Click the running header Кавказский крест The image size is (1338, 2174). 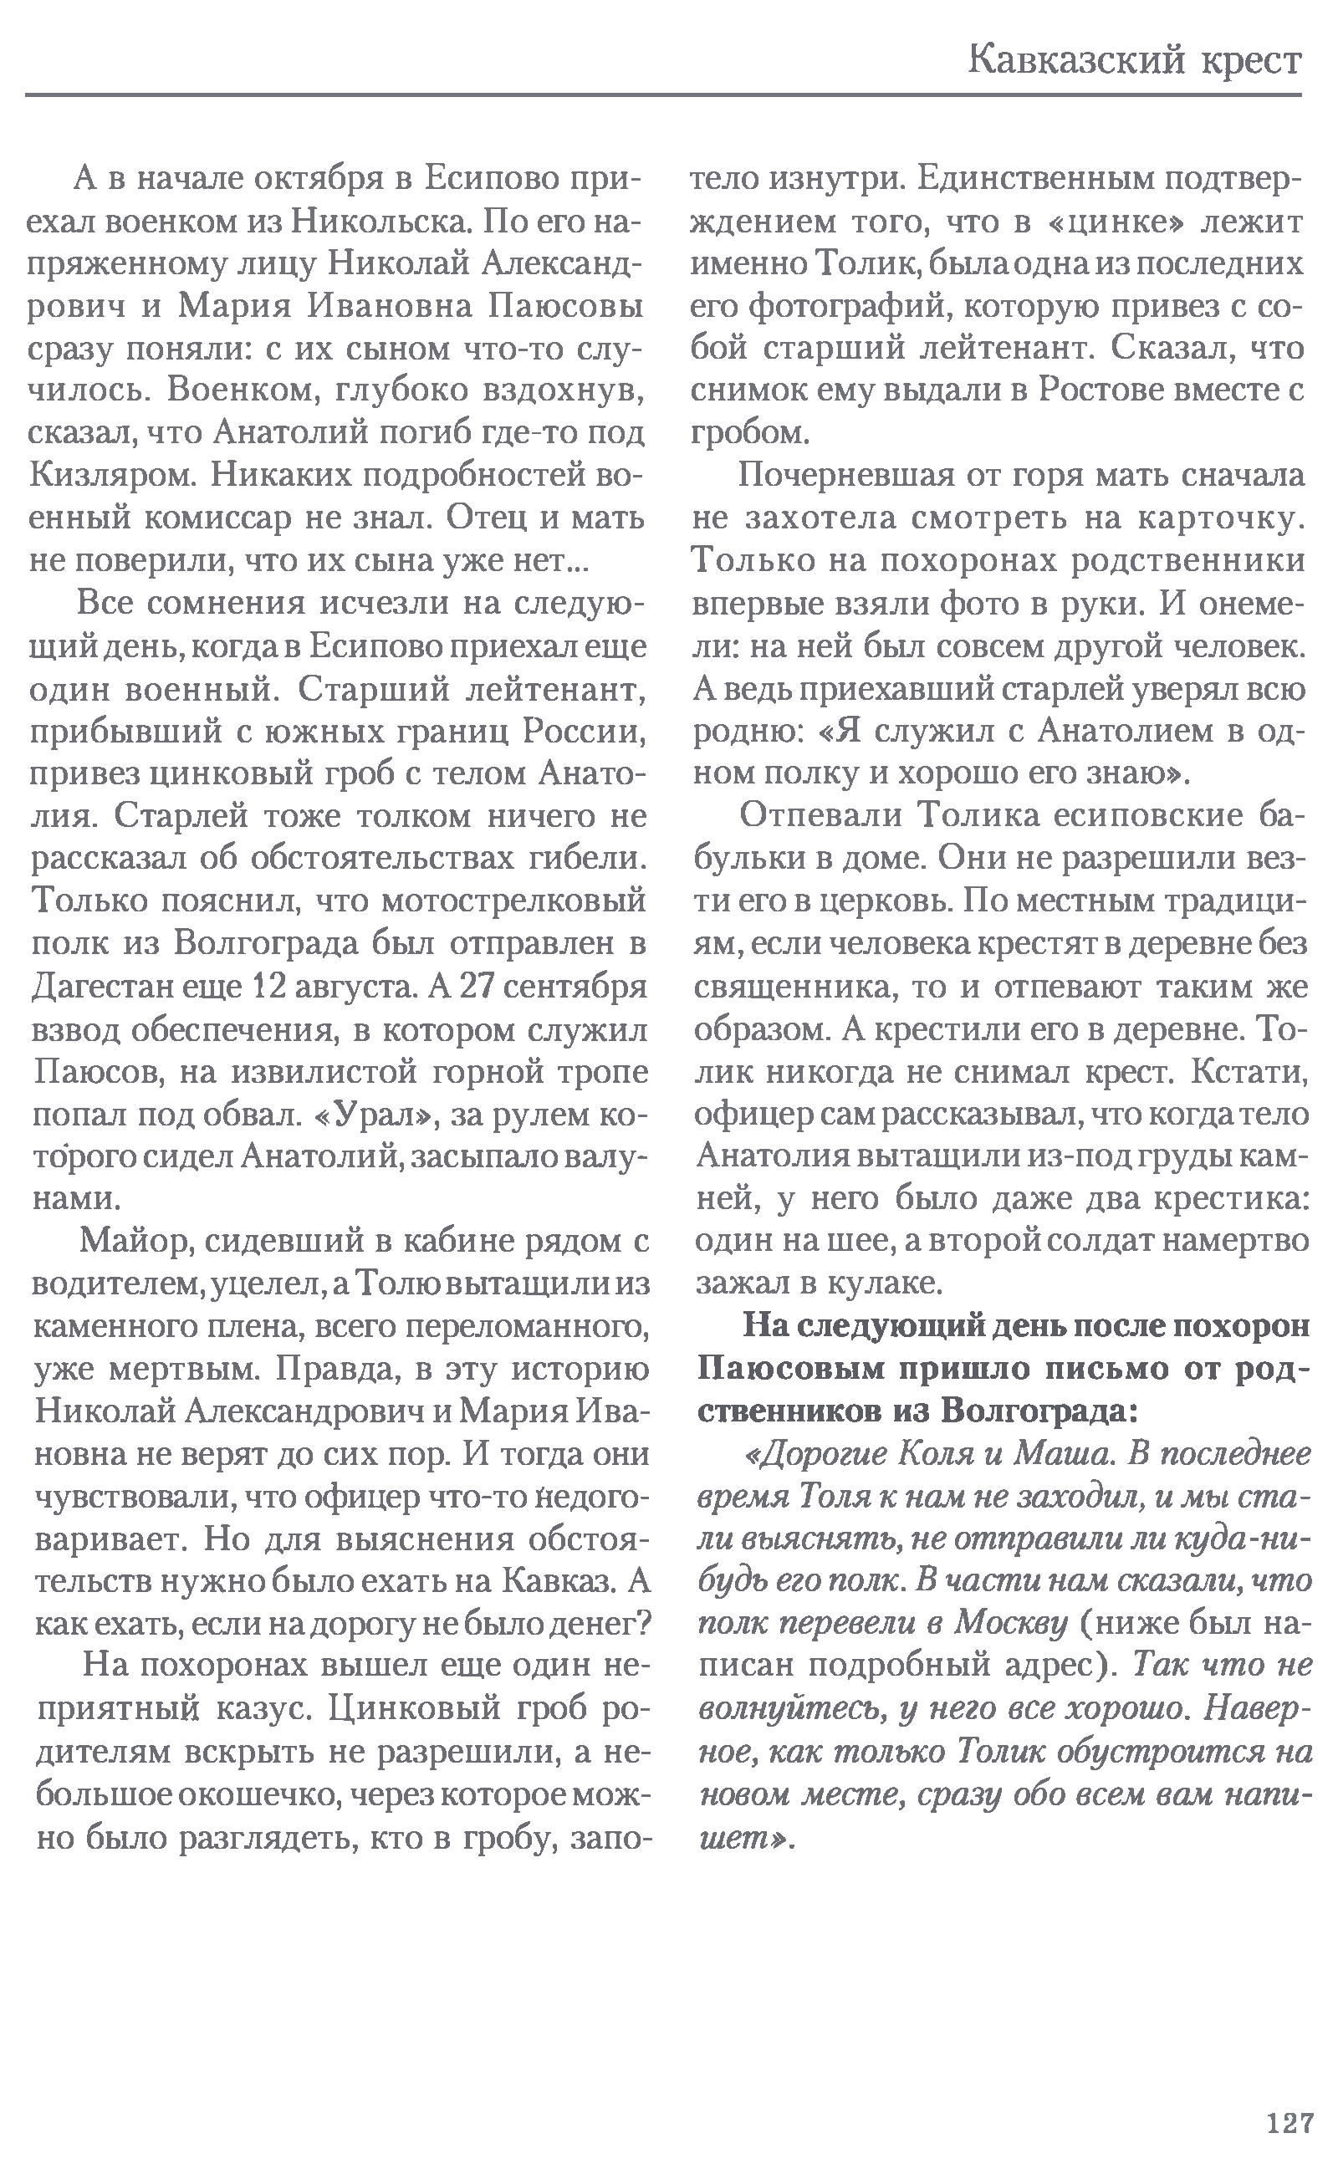pyautogui.click(x=1135, y=61)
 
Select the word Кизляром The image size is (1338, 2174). pyautogui.click(x=110, y=476)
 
